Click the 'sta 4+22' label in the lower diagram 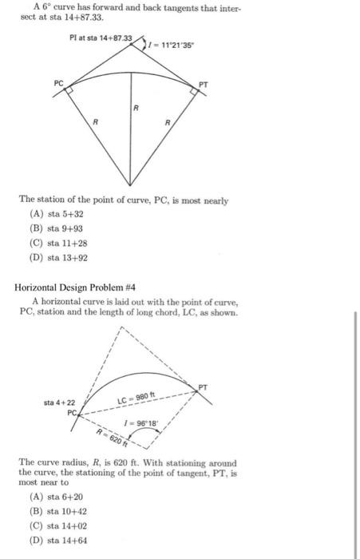60,403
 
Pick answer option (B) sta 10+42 59,520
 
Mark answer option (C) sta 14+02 59,533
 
